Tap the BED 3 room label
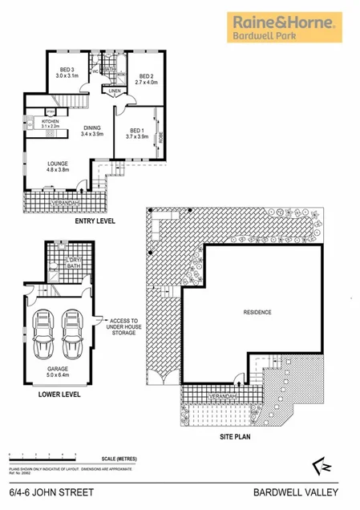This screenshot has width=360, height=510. pos(66,72)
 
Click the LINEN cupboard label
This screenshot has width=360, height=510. pos(115,91)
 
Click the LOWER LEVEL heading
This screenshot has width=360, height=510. pos(61,395)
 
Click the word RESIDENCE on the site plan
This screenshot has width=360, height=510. pos(258,312)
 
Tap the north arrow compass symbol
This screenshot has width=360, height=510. pos(316,467)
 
